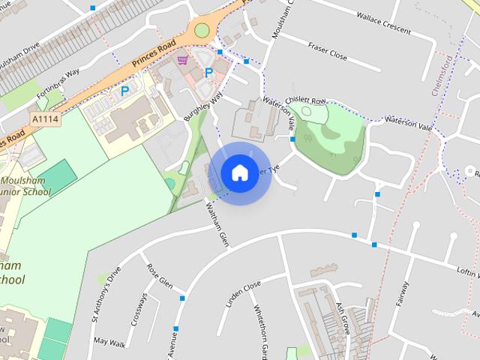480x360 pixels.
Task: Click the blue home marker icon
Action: pos(239,172)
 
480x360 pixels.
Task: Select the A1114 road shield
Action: pos(45,118)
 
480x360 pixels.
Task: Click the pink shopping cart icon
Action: pos(182,60)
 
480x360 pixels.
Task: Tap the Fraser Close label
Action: pos(328,50)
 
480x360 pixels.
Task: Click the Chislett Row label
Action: pos(309,101)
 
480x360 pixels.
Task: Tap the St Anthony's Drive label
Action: pos(106,295)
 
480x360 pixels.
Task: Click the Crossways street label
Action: pos(139,308)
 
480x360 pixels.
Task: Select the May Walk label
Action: pos(109,341)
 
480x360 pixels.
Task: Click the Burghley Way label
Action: pos(203,108)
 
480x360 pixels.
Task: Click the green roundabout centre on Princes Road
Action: pos(202,30)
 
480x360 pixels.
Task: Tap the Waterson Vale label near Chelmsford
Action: pos(409,123)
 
